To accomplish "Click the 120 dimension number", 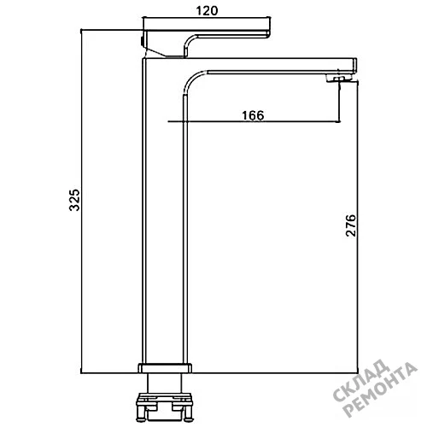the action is (207, 11).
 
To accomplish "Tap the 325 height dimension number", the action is (75, 200).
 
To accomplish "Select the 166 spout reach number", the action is (253, 115).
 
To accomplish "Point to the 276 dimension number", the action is (351, 225).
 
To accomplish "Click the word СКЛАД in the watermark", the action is (361, 381).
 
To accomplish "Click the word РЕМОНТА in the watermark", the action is (381, 389).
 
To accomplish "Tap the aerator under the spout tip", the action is (339, 79).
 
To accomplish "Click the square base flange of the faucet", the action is (165, 367).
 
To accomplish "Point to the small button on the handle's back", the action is (142, 41).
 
